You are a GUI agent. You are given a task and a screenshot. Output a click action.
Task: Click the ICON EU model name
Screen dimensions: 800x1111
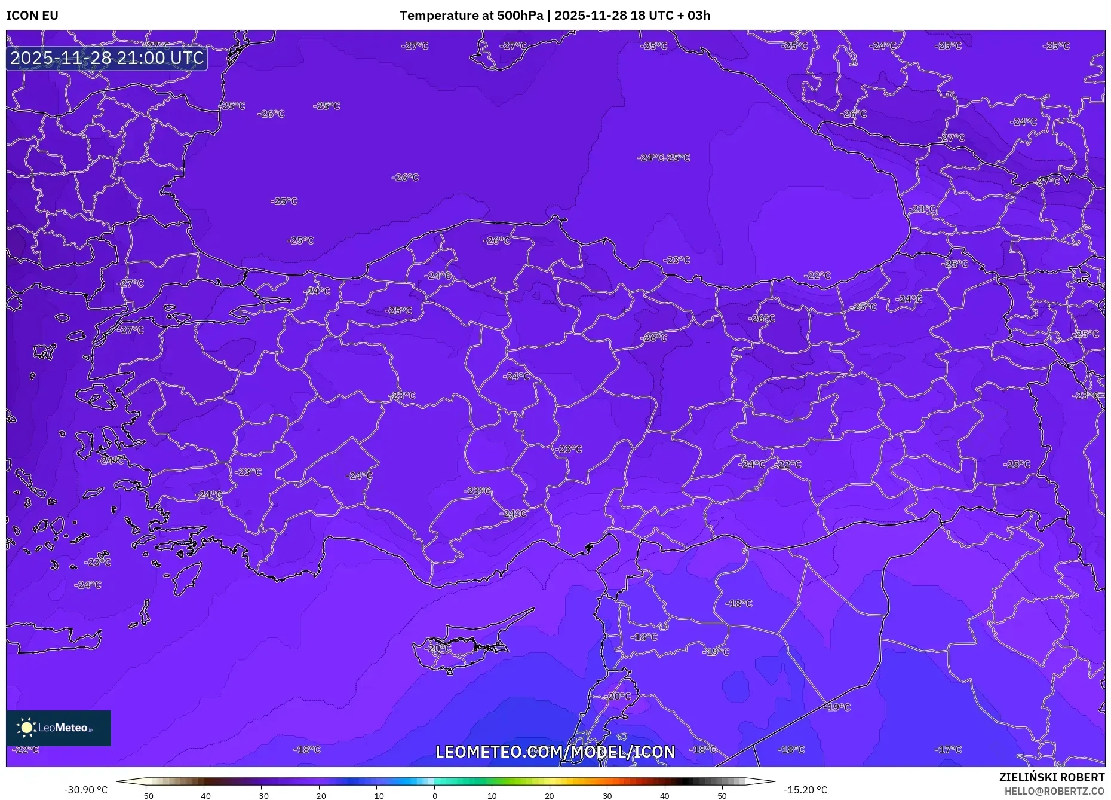(x=32, y=16)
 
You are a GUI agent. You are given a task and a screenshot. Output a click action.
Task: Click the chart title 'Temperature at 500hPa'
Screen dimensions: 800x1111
(x=471, y=16)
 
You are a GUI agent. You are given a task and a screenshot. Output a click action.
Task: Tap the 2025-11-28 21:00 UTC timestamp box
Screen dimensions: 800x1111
(x=107, y=58)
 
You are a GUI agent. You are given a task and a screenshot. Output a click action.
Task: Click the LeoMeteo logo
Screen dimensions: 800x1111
(x=59, y=728)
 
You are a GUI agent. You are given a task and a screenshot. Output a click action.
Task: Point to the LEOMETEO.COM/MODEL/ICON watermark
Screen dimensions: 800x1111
(x=555, y=752)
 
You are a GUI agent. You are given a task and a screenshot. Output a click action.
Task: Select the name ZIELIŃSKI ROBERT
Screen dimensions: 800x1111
(x=1051, y=777)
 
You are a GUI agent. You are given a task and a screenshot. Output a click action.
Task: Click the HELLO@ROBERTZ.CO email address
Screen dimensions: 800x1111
(x=1054, y=791)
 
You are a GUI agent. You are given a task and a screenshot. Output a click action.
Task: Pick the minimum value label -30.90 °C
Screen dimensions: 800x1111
(x=86, y=790)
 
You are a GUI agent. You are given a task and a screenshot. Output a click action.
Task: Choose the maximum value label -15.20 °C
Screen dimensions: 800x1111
(x=805, y=790)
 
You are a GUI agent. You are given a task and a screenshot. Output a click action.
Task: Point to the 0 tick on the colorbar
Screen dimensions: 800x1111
(x=435, y=796)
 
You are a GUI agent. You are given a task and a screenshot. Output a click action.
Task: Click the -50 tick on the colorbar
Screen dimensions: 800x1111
(x=146, y=796)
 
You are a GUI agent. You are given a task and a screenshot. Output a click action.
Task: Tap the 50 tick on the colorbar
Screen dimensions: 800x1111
(x=722, y=796)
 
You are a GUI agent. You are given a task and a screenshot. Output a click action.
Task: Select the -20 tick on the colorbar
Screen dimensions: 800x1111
(x=319, y=796)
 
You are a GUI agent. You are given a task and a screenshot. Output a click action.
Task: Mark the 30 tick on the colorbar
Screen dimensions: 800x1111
(x=607, y=796)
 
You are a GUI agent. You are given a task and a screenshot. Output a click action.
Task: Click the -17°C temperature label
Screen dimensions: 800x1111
(x=949, y=749)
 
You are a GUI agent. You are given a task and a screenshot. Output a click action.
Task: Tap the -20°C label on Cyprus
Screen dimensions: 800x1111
(x=438, y=648)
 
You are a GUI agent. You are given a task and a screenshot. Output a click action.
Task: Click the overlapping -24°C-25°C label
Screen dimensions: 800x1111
(x=663, y=158)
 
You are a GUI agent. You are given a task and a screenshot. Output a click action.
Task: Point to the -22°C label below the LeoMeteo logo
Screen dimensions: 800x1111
(x=26, y=750)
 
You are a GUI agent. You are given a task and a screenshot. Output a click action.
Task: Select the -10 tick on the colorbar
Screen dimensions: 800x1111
(x=377, y=796)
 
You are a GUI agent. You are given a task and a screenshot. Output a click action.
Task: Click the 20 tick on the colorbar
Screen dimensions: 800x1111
(x=550, y=796)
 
